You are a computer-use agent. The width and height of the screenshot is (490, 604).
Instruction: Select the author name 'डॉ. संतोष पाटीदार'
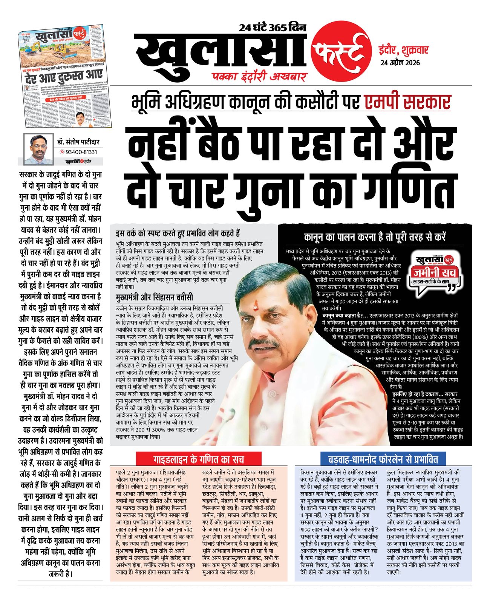(78, 142)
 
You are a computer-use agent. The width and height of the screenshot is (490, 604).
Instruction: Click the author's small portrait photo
(38, 149)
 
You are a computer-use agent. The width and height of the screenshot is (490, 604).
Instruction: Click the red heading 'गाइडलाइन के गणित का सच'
(199, 459)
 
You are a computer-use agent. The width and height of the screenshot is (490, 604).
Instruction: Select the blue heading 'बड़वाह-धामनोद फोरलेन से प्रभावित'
(383, 459)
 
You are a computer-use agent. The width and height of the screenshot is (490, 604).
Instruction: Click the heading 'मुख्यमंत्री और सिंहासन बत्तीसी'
(155, 297)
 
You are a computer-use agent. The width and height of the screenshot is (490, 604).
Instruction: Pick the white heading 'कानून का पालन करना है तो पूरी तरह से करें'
(375, 237)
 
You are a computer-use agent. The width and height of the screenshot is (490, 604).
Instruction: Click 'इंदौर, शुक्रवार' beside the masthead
(403, 50)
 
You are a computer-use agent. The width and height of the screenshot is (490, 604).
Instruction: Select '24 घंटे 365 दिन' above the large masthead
(272, 28)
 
